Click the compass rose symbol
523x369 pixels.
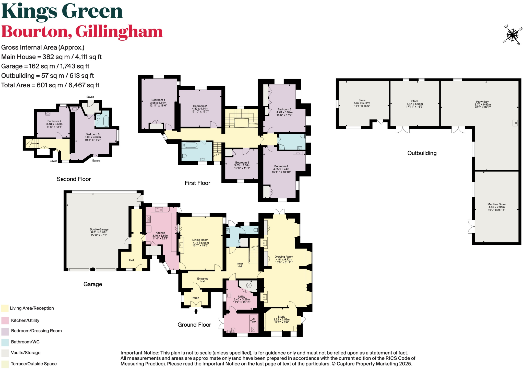(x=512, y=35)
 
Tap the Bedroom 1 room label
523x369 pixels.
(x=158, y=100)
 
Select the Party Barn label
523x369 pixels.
(x=482, y=102)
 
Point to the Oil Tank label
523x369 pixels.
(x=253, y=320)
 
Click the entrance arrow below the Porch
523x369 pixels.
(x=196, y=311)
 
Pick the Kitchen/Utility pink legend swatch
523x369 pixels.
(x=5, y=320)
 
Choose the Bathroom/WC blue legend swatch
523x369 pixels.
(x=5, y=342)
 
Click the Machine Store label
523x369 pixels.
(x=496, y=204)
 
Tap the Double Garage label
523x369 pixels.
(x=99, y=229)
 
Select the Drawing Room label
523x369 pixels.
(x=284, y=257)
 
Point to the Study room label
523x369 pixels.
(x=281, y=317)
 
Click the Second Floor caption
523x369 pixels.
(x=74, y=179)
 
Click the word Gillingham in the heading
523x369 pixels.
(x=119, y=32)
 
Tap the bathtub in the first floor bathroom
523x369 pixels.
(x=190, y=145)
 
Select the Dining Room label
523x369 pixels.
(x=200, y=240)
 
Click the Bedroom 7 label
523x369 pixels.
(x=54, y=121)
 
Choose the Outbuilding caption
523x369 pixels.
(x=422, y=153)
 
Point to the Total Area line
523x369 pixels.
(x=50, y=85)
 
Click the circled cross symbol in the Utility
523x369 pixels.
(x=249, y=285)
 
